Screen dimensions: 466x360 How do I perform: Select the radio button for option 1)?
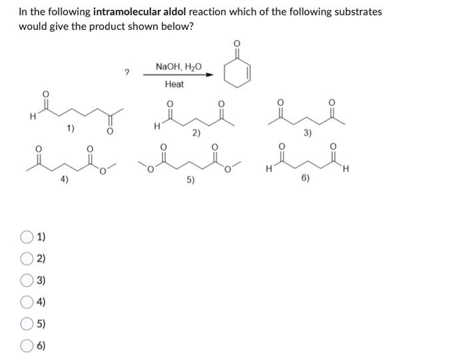click(27, 237)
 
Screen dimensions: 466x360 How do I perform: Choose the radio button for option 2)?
click(27, 259)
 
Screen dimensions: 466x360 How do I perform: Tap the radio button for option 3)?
click(27, 281)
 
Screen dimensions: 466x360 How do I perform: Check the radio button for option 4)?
click(27, 303)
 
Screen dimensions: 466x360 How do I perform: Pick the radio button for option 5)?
click(27, 324)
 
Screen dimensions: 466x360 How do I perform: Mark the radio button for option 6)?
click(27, 346)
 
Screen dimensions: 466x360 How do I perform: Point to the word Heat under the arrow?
click(174, 85)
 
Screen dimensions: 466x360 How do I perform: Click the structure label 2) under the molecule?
click(196, 132)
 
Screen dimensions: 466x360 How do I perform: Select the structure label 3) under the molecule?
click(307, 132)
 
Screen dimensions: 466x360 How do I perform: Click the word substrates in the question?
click(358, 12)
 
